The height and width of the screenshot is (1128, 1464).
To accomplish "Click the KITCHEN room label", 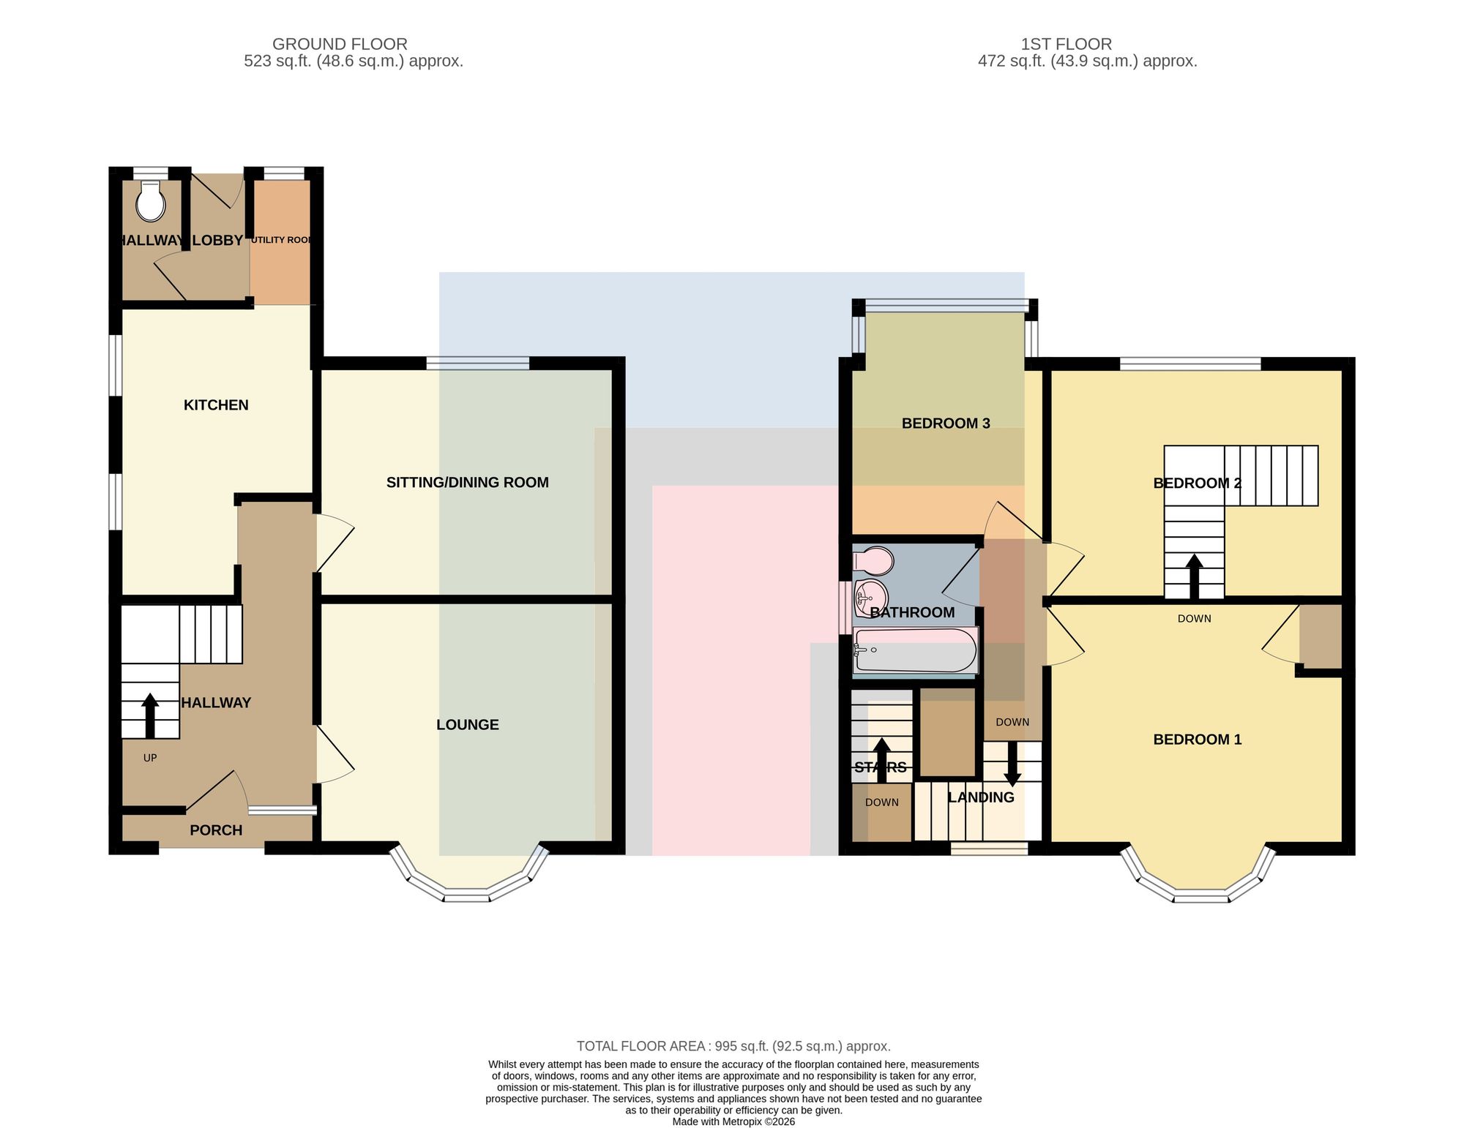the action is click(216, 405).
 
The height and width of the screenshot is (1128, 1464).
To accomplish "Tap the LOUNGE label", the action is click(468, 724).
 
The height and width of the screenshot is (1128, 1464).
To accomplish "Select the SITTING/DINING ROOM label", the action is click(468, 482).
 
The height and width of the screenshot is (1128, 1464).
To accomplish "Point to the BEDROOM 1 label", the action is click(1198, 739).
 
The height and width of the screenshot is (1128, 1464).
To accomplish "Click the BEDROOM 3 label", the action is click(946, 423).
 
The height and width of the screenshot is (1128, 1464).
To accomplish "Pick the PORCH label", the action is click(216, 830).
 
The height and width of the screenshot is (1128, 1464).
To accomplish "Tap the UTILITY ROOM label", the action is click(282, 240).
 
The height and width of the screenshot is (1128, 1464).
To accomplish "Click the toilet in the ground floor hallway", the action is click(152, 200).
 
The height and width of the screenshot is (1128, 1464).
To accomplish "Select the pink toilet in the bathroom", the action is click(873, 561).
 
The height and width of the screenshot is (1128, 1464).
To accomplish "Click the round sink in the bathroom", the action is click(870, 598).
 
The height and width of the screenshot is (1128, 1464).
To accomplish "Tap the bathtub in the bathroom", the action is click(915, 650).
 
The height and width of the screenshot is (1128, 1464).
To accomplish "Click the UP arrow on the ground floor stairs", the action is click(150, 715).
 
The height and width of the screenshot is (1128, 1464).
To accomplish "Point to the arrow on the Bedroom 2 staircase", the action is click(1195, 577).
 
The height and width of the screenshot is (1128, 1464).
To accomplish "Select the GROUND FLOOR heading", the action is click(340, 44).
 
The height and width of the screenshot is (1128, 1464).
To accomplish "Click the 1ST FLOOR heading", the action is click(1067, 44).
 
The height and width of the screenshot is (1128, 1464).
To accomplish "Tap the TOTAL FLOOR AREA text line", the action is click(733, 1046).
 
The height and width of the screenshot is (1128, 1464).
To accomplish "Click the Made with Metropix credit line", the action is click(733, 1121).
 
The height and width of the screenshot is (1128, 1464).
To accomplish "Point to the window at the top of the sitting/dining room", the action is click(478, 363).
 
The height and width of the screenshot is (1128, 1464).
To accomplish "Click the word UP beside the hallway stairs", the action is click(150, 758).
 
